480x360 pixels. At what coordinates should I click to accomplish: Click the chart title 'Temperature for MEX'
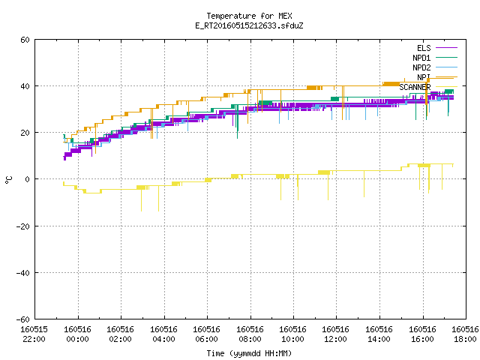[249, 16]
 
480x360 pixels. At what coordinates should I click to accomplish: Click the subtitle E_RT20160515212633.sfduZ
[249, 25]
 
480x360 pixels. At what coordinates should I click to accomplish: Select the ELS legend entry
[436, 48]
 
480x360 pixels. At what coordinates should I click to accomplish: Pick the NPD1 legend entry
[435, 58]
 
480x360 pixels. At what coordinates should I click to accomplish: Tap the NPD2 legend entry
[435, 67]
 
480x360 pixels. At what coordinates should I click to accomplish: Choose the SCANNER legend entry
[428, 87]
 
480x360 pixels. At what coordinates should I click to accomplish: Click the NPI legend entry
[436, 77]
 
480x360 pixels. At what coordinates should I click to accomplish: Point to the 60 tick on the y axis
[25, 40]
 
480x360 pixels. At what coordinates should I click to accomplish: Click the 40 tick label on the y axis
[25, 86]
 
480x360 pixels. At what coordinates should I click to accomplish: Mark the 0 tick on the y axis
[27, 179]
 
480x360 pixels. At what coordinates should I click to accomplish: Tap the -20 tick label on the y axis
[23, 226]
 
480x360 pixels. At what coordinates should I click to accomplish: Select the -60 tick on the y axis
[23, 319]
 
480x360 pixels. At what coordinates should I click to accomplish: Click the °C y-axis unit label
[8, 180]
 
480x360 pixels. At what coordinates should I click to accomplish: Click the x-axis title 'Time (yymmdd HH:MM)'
[249, 353]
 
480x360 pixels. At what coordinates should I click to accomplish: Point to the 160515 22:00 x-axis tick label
[34, 334]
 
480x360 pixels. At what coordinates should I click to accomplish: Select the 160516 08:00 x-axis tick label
[250, 334]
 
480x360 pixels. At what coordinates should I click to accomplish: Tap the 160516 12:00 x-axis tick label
[336, 334]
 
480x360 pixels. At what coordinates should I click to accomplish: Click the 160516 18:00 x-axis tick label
[465, 334]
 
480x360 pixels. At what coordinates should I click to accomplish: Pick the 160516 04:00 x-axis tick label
[163, 334]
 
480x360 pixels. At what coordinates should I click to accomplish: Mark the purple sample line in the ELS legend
[447, 48]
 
